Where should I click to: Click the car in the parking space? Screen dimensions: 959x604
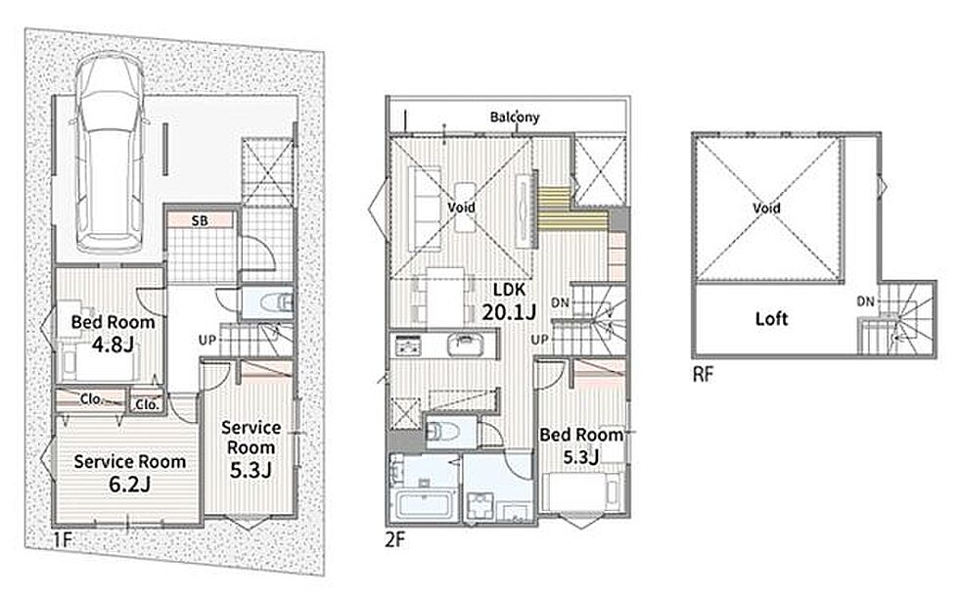coord(110,151)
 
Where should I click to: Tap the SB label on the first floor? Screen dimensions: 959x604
coord(200,220)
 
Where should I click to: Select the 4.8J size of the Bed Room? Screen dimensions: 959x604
coord(113,346)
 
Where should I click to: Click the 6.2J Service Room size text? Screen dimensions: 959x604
coord(129,484)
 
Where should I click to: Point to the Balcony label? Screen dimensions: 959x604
coord(515,116)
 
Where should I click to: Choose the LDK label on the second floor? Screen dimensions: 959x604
coord(509,290)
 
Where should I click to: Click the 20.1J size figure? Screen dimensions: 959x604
coord(509,312)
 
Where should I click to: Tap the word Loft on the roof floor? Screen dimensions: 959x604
coord(771,318)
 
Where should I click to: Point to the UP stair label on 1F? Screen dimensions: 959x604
coord(207,339)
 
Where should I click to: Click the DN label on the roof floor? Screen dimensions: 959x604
coord(865,302)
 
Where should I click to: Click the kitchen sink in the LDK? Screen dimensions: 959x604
coord(466,344)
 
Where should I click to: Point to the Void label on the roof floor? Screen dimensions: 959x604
coord(766,208)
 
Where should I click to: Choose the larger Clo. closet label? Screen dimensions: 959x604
coord(91,399)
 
